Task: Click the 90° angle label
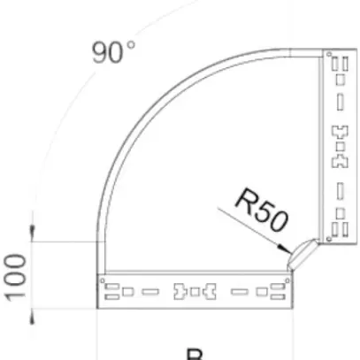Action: click(x=113, y=53)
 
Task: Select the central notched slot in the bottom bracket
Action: click(x=195, y=289)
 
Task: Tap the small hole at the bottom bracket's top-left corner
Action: click(x=103, y=282)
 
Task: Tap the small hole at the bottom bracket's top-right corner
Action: click(x=285, y=282)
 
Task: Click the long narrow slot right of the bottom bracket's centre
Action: click(x=238, y=290)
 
